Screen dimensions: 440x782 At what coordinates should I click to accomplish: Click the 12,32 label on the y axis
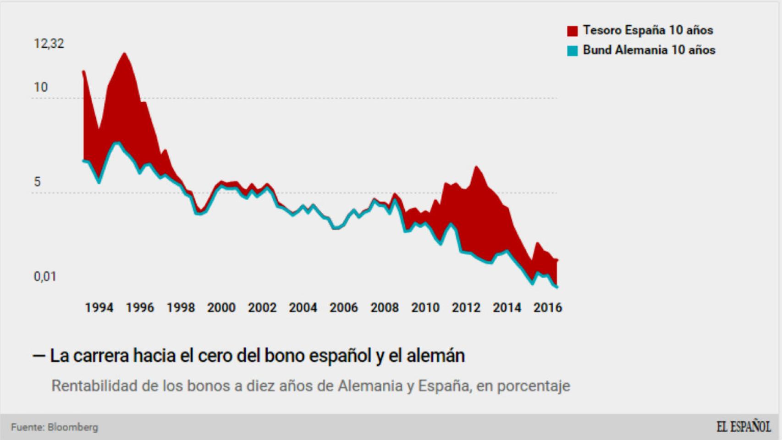click(49, 44)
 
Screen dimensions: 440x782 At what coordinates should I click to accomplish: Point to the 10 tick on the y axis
click(40, 87)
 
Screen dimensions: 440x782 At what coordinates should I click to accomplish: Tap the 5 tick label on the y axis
click(37, 182)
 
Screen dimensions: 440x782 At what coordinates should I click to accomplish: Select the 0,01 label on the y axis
click(44, 276)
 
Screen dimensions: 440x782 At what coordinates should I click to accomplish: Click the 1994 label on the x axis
click(99, 308)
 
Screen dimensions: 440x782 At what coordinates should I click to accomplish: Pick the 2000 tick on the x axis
click(221, 308)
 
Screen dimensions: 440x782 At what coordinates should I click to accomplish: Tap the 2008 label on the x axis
click(384, 308)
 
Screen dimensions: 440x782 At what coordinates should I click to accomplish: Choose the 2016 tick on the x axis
click(547, 308)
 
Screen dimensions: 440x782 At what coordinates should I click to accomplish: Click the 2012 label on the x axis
click(466, 308)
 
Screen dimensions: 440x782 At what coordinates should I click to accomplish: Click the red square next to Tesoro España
click(572, 31)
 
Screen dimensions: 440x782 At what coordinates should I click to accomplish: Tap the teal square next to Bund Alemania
click(572, 51)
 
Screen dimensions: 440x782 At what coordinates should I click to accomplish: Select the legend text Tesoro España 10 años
click(648, 30)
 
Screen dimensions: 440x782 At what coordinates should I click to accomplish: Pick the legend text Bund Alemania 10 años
click(649, 50)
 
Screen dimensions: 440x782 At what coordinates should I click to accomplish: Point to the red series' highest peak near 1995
click(124, 54)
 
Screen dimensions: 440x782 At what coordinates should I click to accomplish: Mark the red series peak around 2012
click(476, 167)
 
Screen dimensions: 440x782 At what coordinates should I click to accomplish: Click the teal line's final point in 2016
click(557, 287)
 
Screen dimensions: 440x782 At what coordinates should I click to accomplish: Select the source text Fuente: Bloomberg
click(55, 427)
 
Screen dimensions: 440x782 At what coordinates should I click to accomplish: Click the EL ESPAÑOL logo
click(743, 427)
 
